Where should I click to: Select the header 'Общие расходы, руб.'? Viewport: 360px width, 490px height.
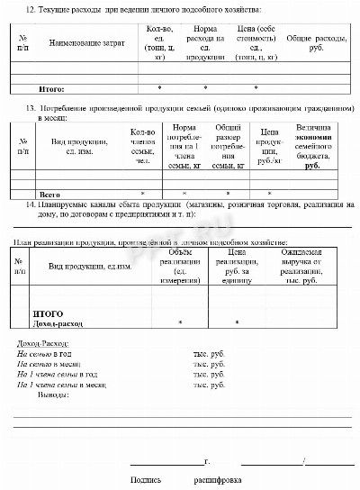pos(311,43)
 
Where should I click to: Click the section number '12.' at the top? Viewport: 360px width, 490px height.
pos(31,8)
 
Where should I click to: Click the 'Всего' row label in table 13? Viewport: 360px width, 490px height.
pos(48,194)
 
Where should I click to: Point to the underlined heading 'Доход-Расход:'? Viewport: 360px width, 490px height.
pos(43,344)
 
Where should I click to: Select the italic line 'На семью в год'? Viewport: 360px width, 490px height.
pos(45,354)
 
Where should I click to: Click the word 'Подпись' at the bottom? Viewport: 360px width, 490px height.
pos(146,480)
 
